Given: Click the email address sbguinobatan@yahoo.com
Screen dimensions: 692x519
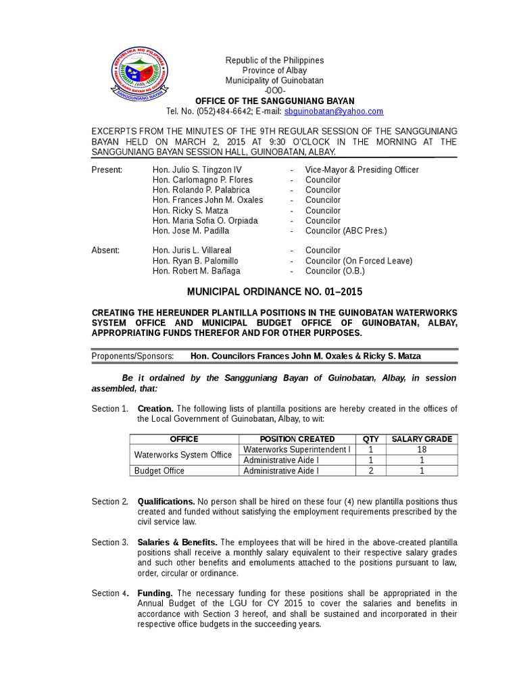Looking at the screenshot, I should click(x=334, y=112).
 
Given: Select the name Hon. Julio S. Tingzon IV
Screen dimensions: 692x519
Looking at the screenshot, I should click(x=197, y=170).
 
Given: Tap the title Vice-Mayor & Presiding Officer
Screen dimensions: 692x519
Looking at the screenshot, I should click(x=362, y=170).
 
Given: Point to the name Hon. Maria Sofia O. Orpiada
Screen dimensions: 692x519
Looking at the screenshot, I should click(x=205, y=220).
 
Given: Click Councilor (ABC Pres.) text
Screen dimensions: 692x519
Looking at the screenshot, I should click(x=346, y=230).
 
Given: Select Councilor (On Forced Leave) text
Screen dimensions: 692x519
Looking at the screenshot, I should click(x=358, y=261).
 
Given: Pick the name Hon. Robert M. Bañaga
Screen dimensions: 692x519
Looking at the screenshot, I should click(x=196, y=271).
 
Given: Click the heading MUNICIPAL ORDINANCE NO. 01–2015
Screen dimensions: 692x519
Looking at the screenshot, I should click(x=274, y=292).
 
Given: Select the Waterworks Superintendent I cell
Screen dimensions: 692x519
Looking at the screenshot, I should click(x=297, y=449).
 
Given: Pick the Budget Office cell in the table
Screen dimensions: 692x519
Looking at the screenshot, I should click(x=159, y=470).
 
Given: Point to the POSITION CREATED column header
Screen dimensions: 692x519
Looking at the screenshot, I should click(x=297, y=439).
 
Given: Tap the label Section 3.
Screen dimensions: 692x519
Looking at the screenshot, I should click(x=110, y=543).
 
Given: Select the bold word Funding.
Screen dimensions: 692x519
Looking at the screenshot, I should click(x=155, y=593).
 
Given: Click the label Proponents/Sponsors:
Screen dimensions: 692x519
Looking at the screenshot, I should click(x=132, y=355).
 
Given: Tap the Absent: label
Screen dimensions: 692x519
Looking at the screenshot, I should click(x=105, y=251).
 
